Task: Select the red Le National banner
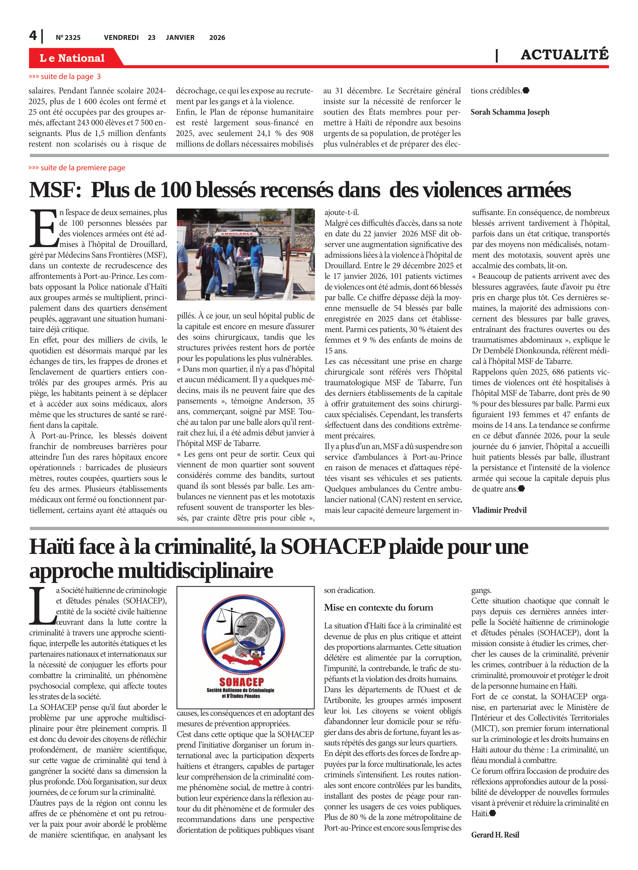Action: (72, 58)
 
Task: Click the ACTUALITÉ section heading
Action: (564, 55)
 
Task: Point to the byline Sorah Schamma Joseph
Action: (510, 112)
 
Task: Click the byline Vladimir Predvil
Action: (499, 510)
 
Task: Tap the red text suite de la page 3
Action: (65, 77)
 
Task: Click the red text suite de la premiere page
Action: (77, 168)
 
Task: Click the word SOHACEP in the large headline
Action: (333, 546)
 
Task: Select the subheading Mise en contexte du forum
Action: (378, 608)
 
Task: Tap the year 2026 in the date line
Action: (217, 37)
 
